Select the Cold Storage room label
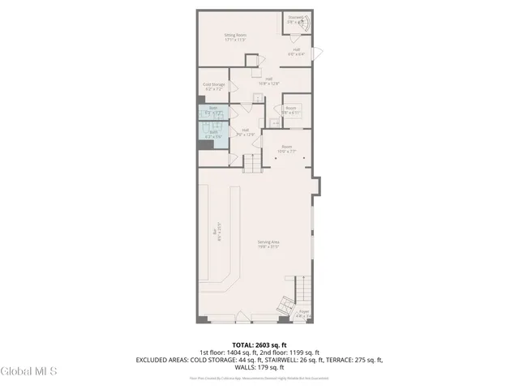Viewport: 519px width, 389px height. pos(213,86)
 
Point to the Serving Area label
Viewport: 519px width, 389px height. pos(268,245)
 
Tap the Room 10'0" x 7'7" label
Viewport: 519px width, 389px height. pos(288,150)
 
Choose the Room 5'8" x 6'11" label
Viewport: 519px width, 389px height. pos(291,110)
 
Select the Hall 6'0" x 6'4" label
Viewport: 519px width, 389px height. pos(297,52)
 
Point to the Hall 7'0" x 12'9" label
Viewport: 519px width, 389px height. pos(245,132)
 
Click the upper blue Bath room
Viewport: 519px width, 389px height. pos(213,111)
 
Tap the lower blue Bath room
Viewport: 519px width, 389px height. pos(213,135)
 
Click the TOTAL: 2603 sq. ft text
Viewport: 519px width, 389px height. pos(259,344)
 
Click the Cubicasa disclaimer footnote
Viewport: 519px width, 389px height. pos(259,378)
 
